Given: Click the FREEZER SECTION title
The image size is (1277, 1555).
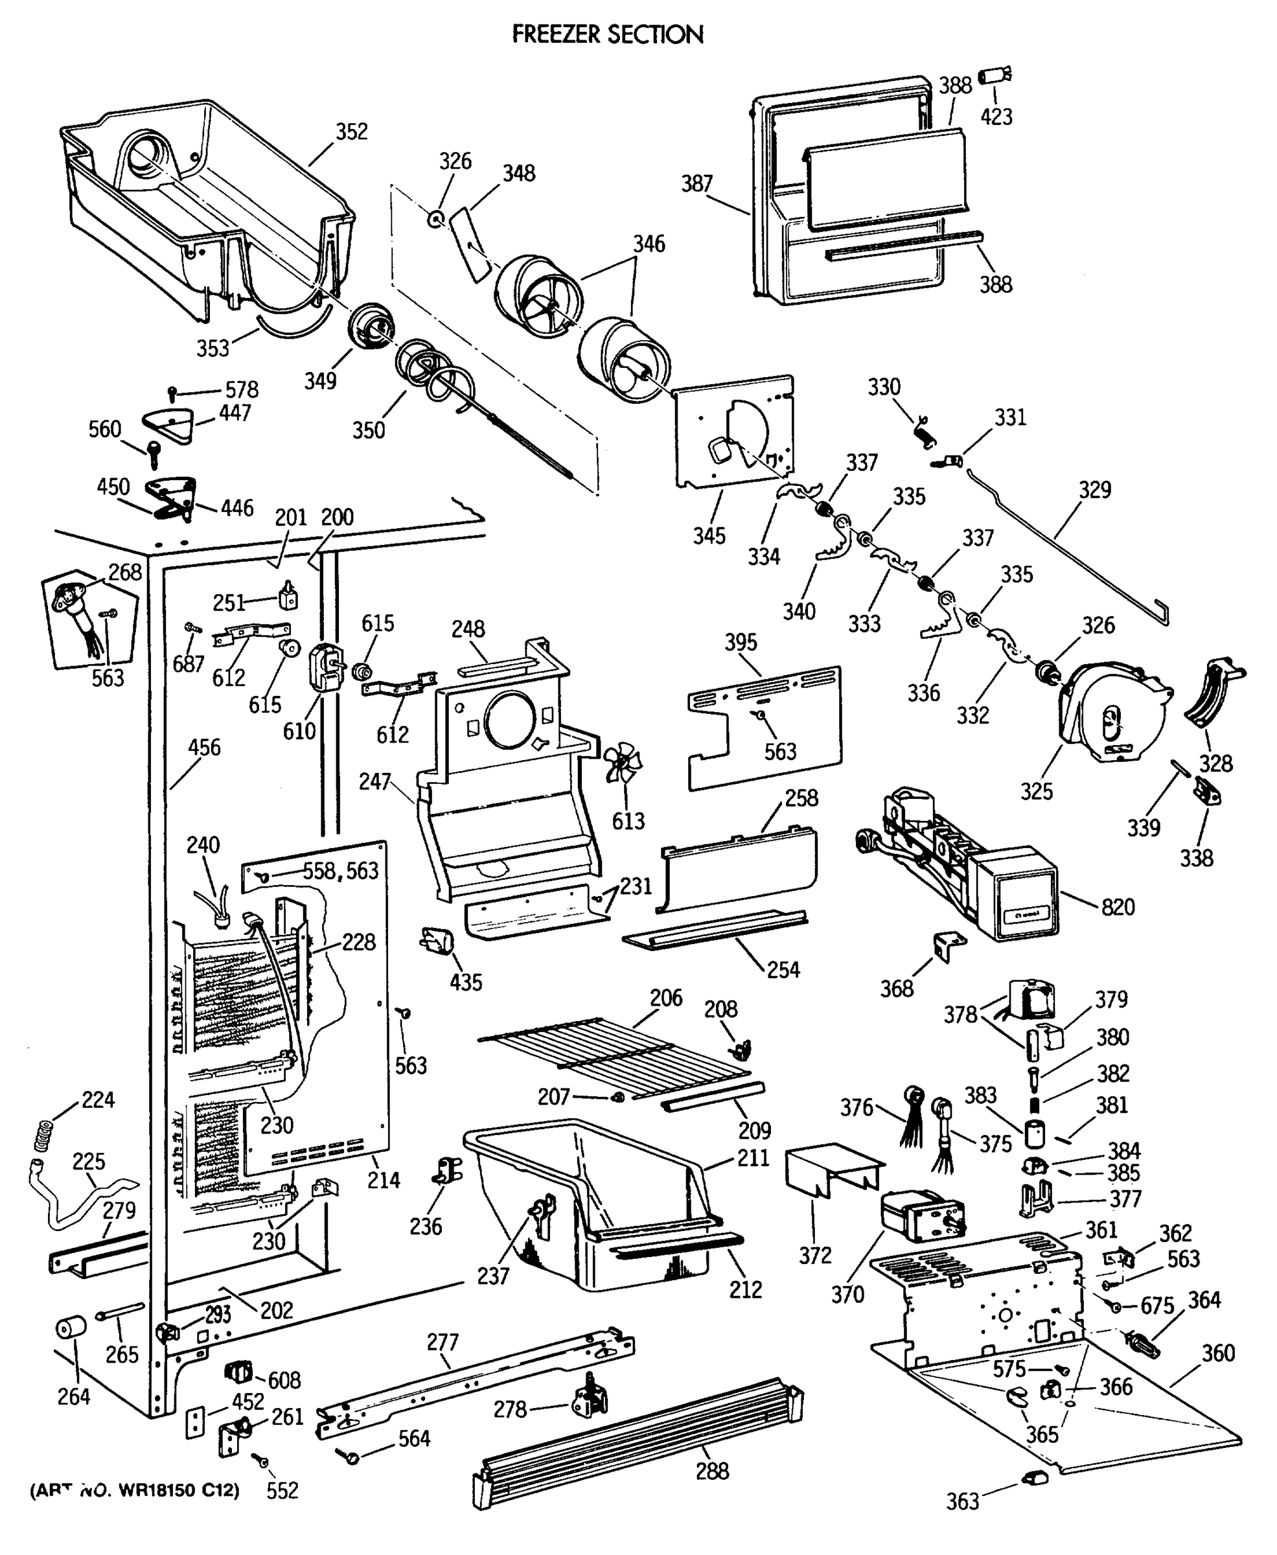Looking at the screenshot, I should pos(608,34).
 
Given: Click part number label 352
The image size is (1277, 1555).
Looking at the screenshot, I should pos(352,131).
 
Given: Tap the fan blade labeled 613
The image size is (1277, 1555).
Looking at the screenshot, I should pos(623,765).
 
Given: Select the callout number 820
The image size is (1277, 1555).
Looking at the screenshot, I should pos(1118,906).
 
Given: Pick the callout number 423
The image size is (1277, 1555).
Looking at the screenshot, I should pos(996,116).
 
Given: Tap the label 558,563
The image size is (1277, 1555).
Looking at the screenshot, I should pos(341,870).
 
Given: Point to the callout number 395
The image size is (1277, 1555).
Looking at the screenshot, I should pos(740,641).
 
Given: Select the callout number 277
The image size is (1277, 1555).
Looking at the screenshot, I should pos(442,1342).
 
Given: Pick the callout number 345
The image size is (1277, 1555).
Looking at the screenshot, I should pos(708,535).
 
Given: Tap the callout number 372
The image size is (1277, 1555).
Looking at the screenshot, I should pos(815,1255).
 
